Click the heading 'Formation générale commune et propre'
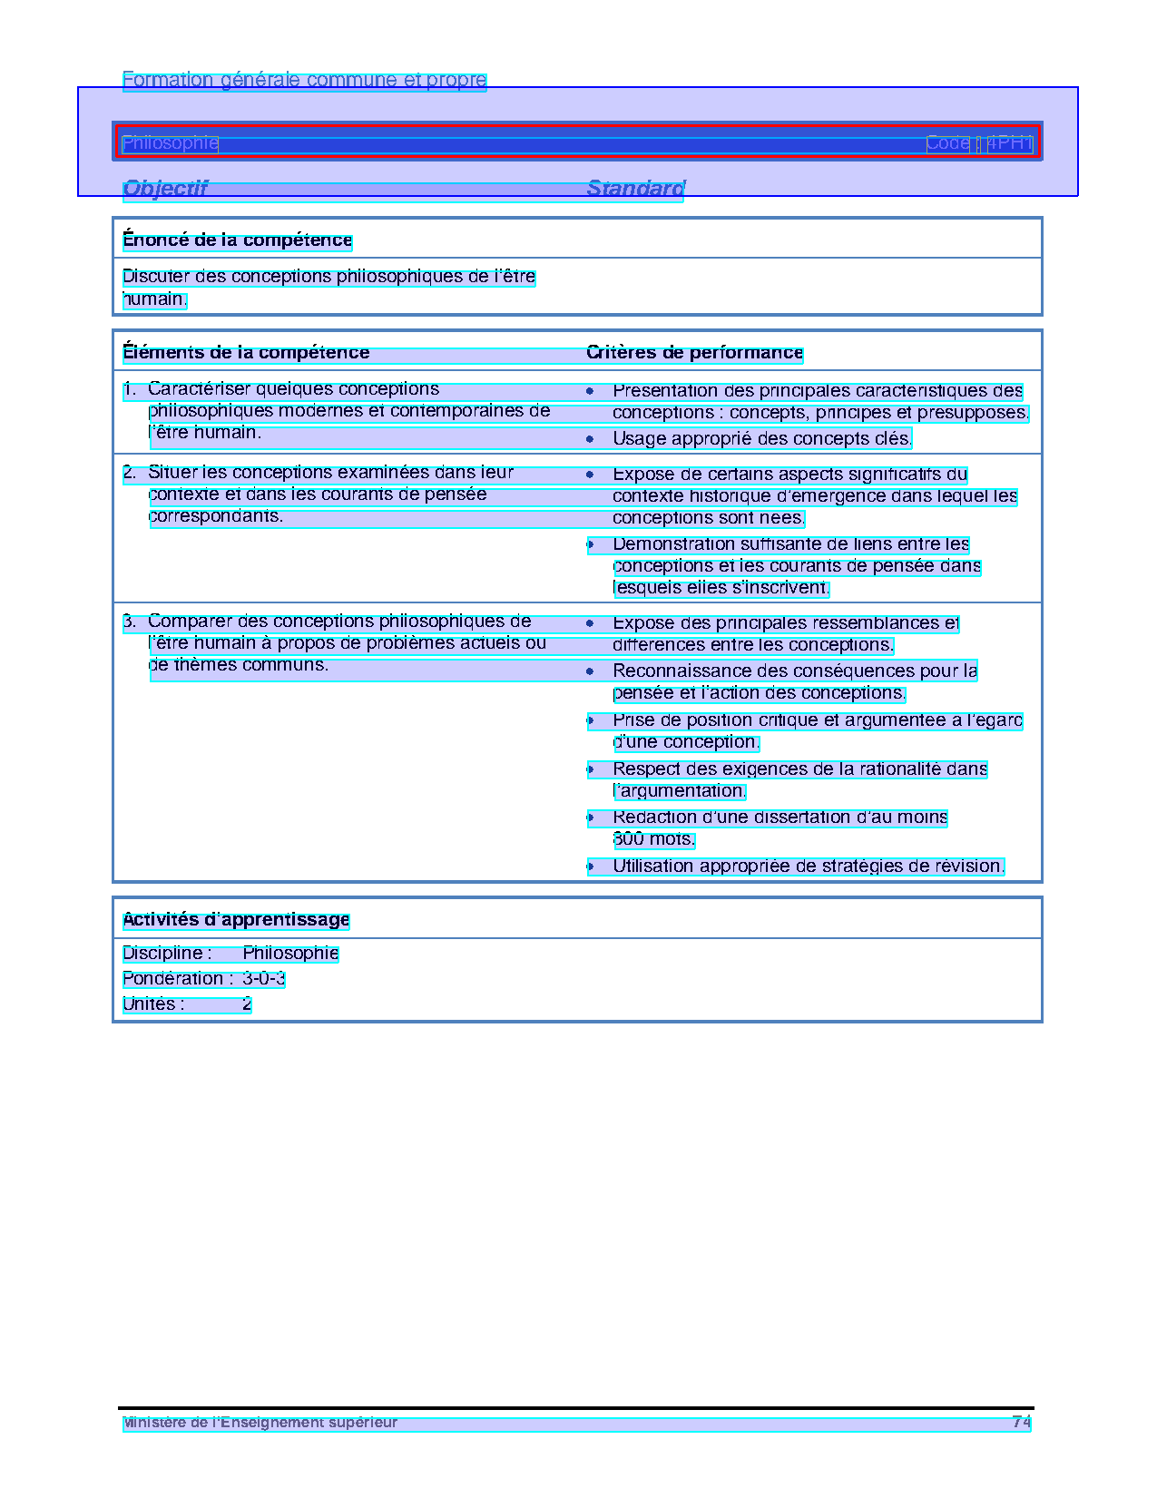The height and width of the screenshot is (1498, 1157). point(304,81)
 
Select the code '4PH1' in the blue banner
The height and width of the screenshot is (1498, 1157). point(1009,143)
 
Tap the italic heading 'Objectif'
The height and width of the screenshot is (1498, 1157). point(165,189)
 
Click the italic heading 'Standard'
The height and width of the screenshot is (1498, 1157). point(635,189)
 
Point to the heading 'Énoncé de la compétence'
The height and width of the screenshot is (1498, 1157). point(237,240)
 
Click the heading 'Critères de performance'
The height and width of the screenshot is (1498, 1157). point(694,353)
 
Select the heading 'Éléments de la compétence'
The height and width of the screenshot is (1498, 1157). point(246,353)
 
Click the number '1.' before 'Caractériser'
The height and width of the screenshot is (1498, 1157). point(130,389)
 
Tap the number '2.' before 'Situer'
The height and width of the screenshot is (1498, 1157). point(130,473)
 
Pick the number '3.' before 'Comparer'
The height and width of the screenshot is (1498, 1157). point(130,622)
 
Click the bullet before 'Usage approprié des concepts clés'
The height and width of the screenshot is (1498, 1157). point(590,439)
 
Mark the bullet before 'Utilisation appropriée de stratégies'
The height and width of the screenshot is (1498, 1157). point(590,866)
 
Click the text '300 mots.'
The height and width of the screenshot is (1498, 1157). point(653,839)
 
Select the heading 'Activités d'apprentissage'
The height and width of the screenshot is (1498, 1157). point(236,920)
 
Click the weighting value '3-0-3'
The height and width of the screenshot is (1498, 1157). point(263,979)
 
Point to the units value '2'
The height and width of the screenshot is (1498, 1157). point(247,1004)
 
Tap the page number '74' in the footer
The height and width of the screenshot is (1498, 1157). point(1021,1423)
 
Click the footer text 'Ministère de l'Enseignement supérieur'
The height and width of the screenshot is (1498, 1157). point(260,1423)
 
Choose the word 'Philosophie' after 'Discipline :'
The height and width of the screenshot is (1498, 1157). point(290,954)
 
